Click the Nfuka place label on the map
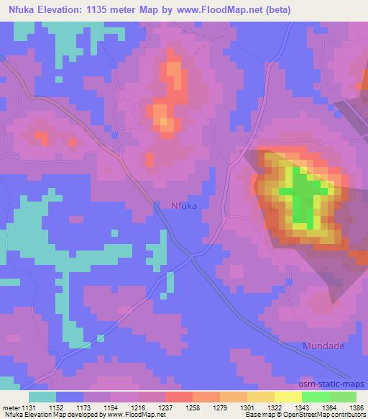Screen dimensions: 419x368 184,205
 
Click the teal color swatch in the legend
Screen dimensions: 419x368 42,397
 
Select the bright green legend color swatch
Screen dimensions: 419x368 316,397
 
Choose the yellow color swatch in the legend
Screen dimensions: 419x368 287,397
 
